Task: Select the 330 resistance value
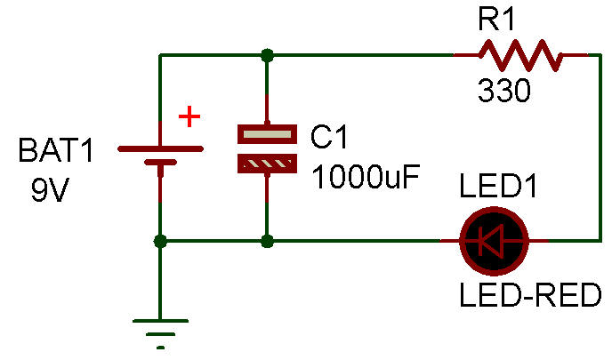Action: pos(503,91)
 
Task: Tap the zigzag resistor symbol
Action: pos(520,56)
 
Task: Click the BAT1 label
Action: pos(55,153)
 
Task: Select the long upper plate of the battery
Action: pos(160,148)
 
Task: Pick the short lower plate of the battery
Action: pos(160,164)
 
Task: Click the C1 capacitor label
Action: pos(332,138)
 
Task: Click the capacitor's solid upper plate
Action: pos(267,134)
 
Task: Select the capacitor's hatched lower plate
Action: pos(267,164)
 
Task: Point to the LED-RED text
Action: pos(530,295)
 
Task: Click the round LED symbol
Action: pos(495,241)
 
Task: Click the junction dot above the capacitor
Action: pos(267,56)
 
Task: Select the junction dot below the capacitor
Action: pos(267,241)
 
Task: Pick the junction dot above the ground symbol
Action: pos(160,241)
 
